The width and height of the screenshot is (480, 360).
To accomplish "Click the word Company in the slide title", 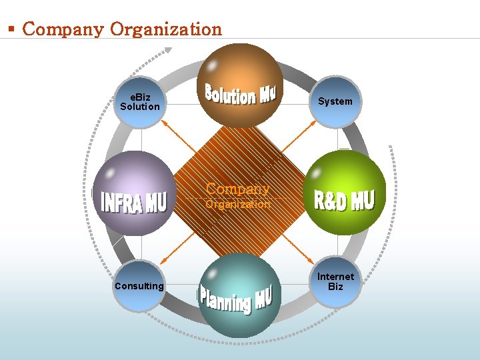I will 63,29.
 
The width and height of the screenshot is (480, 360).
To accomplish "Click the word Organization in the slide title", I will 166,29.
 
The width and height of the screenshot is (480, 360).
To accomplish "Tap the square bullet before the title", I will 11,29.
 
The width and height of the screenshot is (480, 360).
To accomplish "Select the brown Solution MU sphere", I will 241,85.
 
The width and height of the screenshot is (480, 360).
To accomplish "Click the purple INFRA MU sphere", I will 134,193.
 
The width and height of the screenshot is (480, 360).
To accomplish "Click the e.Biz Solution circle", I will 140,102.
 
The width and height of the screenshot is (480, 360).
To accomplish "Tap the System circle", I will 335,101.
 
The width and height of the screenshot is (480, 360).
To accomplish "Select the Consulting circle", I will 139,286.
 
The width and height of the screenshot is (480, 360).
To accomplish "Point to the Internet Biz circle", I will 336,281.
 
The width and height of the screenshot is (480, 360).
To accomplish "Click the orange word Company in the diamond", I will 238,189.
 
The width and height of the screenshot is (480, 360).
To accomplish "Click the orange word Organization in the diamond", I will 238,205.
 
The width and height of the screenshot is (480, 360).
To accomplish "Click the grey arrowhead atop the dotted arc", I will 168,49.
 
